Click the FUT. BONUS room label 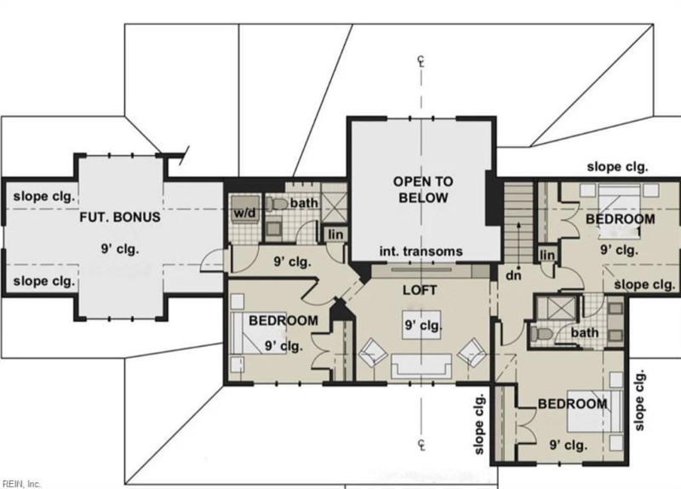pyautogui.click(x=120, y=217)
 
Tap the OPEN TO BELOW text pyautogui.click(x=423, y=189)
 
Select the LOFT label pyautogui.click(x=420, y=290)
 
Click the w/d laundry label pyautogui.click(x=245, y=213)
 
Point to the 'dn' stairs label pyautogui.click(x=513, y=275)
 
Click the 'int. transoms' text pyautogui.click(x=421, y=251)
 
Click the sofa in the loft pyautogui.click(x=421, y=366)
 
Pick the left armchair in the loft pyautogui.click(x=373, y=353)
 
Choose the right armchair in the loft pyautogui.click(x=472, y=353)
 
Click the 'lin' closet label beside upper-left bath pyautogui.click(x=335, y=235)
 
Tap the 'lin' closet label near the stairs pyautogui.click(x=547, y=256)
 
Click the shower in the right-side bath pyautogui.click(x=557, y=308)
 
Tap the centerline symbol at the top pyautogui.click(x=421, y=60)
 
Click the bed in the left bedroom pyautogui.click(x=258, y=333)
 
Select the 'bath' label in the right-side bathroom pyautogui.click(x=585, y=333)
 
